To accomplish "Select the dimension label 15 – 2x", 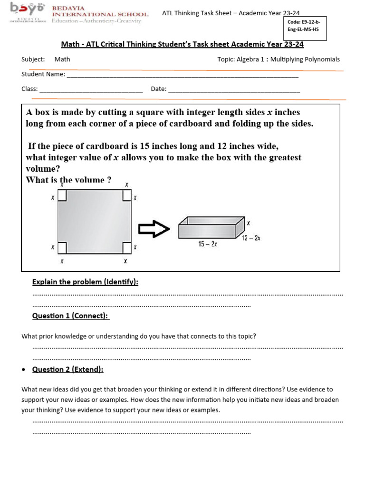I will (x=208, y=244).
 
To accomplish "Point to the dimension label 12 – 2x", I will (x=251, y=238).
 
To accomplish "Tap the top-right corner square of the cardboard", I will (x=127, y=196).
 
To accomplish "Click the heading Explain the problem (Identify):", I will (x=85, y=282).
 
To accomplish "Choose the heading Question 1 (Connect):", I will (x=70, y=316).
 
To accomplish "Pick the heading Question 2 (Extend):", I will (x=67, y=370).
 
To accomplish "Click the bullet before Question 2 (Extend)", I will (x=24, y=370).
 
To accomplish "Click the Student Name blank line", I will (x=182, y=75).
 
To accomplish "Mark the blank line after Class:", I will (x=91, y=90).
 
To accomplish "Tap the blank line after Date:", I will (x=234, y=90).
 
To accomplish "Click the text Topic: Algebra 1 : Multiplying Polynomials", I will (x=278, y=59).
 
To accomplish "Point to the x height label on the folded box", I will (x=248, y=223).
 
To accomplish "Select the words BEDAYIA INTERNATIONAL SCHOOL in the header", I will (x=100, y=11).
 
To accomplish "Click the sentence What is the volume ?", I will (x=68, y=180).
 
